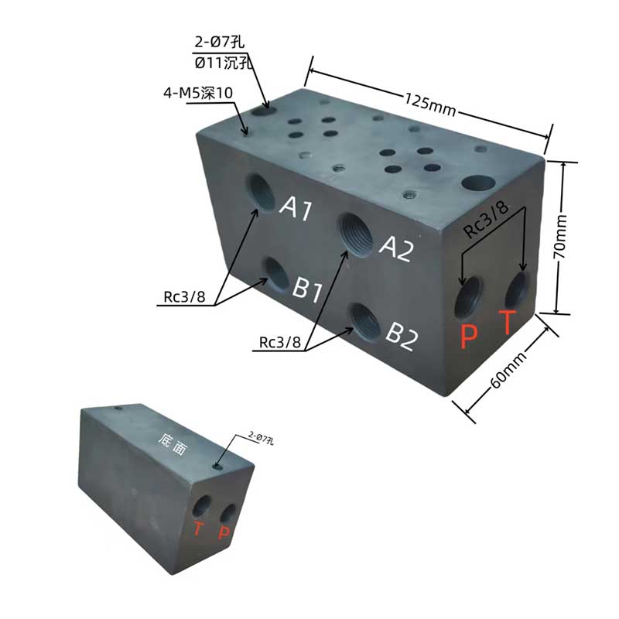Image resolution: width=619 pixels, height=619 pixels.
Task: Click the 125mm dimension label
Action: click(430, 104)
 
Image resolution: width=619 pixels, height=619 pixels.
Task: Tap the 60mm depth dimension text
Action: click(509, 369)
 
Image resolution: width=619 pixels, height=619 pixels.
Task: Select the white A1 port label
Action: click(296, 208)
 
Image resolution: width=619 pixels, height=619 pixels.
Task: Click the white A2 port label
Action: click(397, 248)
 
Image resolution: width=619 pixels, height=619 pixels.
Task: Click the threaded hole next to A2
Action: click(356, 235)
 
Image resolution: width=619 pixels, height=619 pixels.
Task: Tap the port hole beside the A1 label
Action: click(261, 193)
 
